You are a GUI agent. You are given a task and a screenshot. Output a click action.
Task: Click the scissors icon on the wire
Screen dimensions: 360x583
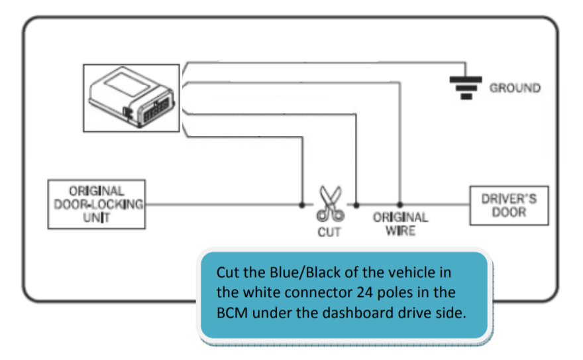coord(330,204)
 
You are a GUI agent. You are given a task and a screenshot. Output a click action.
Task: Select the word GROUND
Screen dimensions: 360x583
coord(515,88)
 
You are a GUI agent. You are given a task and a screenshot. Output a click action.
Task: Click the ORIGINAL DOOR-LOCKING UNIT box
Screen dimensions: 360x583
coord(97,204)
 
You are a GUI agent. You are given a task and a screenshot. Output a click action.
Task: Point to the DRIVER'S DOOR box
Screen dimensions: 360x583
coord(509,205)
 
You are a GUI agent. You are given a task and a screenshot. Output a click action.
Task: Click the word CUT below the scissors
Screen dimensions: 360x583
coord(329,232)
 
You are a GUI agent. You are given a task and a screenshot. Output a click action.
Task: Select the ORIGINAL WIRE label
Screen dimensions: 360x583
coord(400,224)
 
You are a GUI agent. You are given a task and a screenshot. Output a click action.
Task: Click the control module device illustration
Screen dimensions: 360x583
coord(132,97)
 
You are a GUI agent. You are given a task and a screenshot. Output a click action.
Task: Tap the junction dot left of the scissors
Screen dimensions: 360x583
coord(302,204)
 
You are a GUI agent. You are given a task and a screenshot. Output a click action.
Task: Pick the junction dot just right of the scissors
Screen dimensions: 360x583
coord(356,204)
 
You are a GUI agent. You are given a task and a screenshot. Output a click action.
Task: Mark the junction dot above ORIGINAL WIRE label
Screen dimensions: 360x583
coord(399,204)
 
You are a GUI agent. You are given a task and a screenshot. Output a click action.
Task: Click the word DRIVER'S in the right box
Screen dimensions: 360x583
coord(509,198)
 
